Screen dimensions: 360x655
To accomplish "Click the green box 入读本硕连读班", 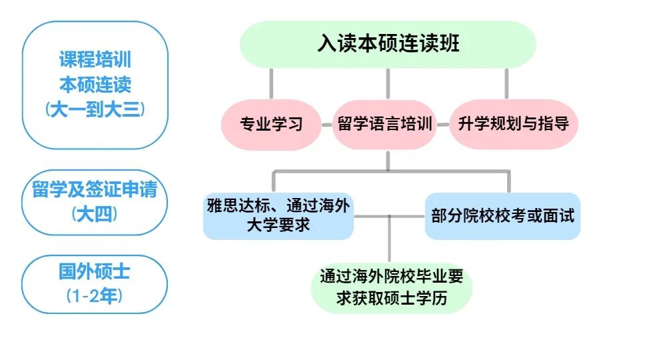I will tap(388, 44).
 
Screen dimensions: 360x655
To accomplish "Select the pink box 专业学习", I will tap(271, 124).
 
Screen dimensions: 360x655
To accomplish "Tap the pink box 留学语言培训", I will tap(384, 124).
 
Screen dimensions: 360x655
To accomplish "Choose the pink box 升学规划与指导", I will tap(513, 124).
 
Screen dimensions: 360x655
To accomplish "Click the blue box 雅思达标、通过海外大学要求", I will tap(278, 215).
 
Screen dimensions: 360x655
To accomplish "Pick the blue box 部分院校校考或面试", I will tap(502, 215).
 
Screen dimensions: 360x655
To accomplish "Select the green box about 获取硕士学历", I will tap(391, 287).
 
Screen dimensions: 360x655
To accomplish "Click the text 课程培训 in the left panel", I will tap(95, 60).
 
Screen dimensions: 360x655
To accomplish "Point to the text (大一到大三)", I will tap(95, 109).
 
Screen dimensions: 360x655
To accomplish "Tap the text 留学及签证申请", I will tap(95, 190).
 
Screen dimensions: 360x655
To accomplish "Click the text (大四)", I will tap(95, 214).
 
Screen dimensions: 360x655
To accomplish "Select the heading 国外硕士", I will tap(95, 271).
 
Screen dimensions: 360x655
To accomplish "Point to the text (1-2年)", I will tap(95, 296).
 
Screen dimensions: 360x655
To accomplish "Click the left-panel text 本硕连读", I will tap(95, 85).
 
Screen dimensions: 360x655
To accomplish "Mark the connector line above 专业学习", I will tap(271, 83).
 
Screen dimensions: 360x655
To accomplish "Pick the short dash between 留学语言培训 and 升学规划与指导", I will tap(444, 125).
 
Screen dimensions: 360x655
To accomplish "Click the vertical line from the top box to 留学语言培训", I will tap(388, 83).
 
